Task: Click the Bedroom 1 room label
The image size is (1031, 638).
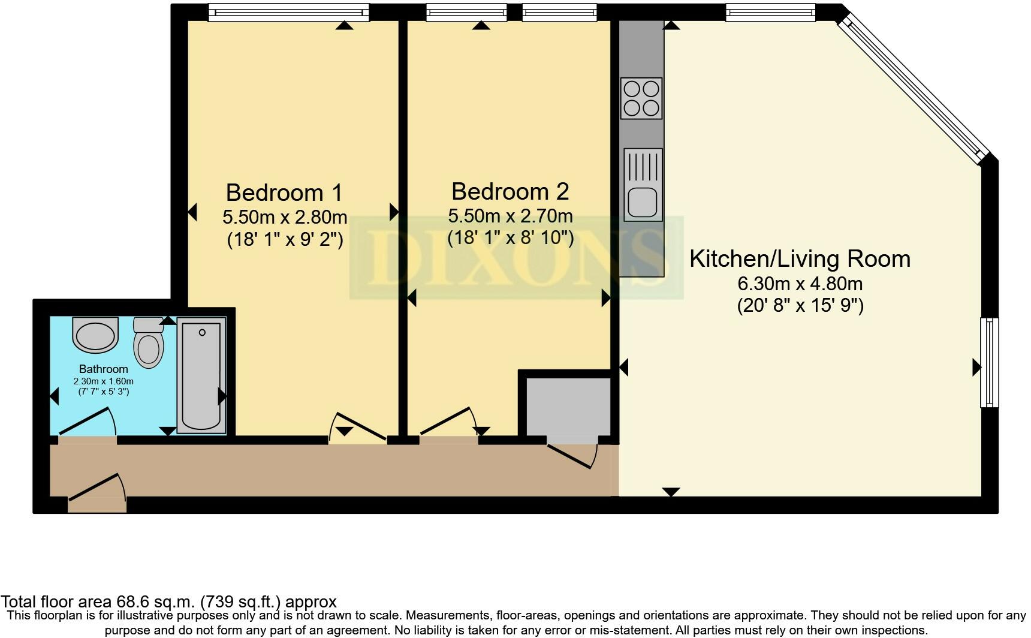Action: click(x=284, y=193)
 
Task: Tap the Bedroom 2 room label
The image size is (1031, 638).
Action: click(x=510, y=192)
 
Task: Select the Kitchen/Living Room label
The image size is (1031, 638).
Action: click(x=800, y=259)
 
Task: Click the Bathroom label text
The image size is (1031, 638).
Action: click(x=103, y=369)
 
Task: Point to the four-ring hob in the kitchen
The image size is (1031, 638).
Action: click(x=641, y=98)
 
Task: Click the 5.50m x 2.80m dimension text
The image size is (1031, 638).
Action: click(x=284, y=216)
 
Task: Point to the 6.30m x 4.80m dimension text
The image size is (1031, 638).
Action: click(x=800, y=284)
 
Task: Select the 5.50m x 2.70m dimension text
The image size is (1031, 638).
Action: click(x=510, y=215)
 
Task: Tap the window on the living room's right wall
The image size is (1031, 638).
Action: click(x=990, y=362)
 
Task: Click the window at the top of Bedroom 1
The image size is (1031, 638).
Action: click(x=288, y=12)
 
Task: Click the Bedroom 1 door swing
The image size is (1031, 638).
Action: click(x=358, y=427)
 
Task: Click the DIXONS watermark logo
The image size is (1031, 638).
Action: click(x=516, y=258)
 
